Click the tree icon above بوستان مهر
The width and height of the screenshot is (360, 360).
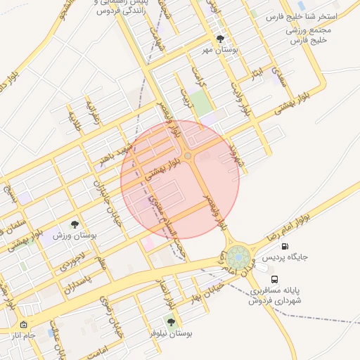click(x=220, y=39)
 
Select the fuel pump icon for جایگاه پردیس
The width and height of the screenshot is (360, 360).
click(x=284, y=246)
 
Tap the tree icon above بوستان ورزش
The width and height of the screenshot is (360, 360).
click(x=75, y=224)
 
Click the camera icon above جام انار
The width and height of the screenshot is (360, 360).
click(x=24, y=325)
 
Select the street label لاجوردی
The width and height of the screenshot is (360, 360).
click(x=72, y=259)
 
